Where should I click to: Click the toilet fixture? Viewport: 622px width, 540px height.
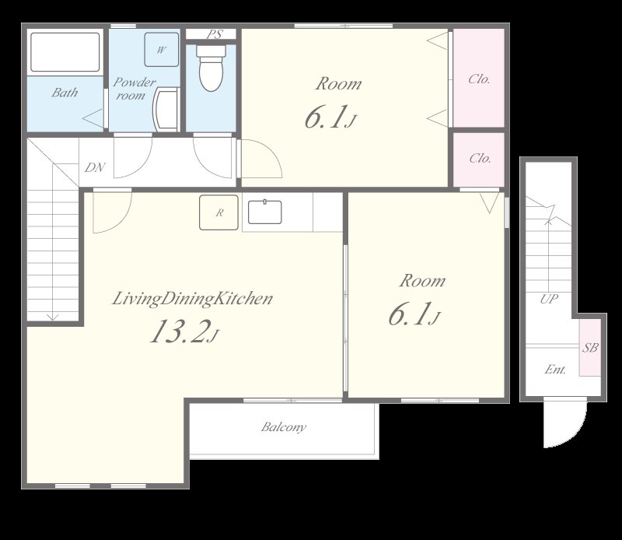(x=211, y=68)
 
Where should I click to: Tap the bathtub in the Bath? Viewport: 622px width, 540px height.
(x=65, y=52)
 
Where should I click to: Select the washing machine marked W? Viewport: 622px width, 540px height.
(x=162, y=49)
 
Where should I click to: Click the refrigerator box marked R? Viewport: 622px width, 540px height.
(x=219, y=212)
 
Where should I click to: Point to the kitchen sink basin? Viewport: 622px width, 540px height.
(x=265, y=212)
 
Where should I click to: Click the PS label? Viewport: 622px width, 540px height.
(x=215, y=34)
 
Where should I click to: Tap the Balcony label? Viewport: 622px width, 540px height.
(x=284, y=427)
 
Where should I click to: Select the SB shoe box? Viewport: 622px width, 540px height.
(x=590, y=348)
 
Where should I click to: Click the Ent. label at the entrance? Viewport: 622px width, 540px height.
(x=555, y=370)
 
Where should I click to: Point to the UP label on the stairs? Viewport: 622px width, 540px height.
(x=550, y=299)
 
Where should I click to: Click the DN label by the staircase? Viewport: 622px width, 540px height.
(x=95, y=167)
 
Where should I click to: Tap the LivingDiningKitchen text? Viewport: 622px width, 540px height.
(x=192, y=299)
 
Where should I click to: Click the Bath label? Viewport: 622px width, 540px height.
(x=65, y=93)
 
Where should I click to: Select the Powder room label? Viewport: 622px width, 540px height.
(x=134, y=89)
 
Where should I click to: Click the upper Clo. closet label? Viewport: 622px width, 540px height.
(x=479, y=79)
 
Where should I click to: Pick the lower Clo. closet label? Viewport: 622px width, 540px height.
(x=480, y=159)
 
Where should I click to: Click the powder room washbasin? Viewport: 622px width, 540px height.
(x=166, y=110)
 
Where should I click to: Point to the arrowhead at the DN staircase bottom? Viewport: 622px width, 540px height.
(x=53, y=317)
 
